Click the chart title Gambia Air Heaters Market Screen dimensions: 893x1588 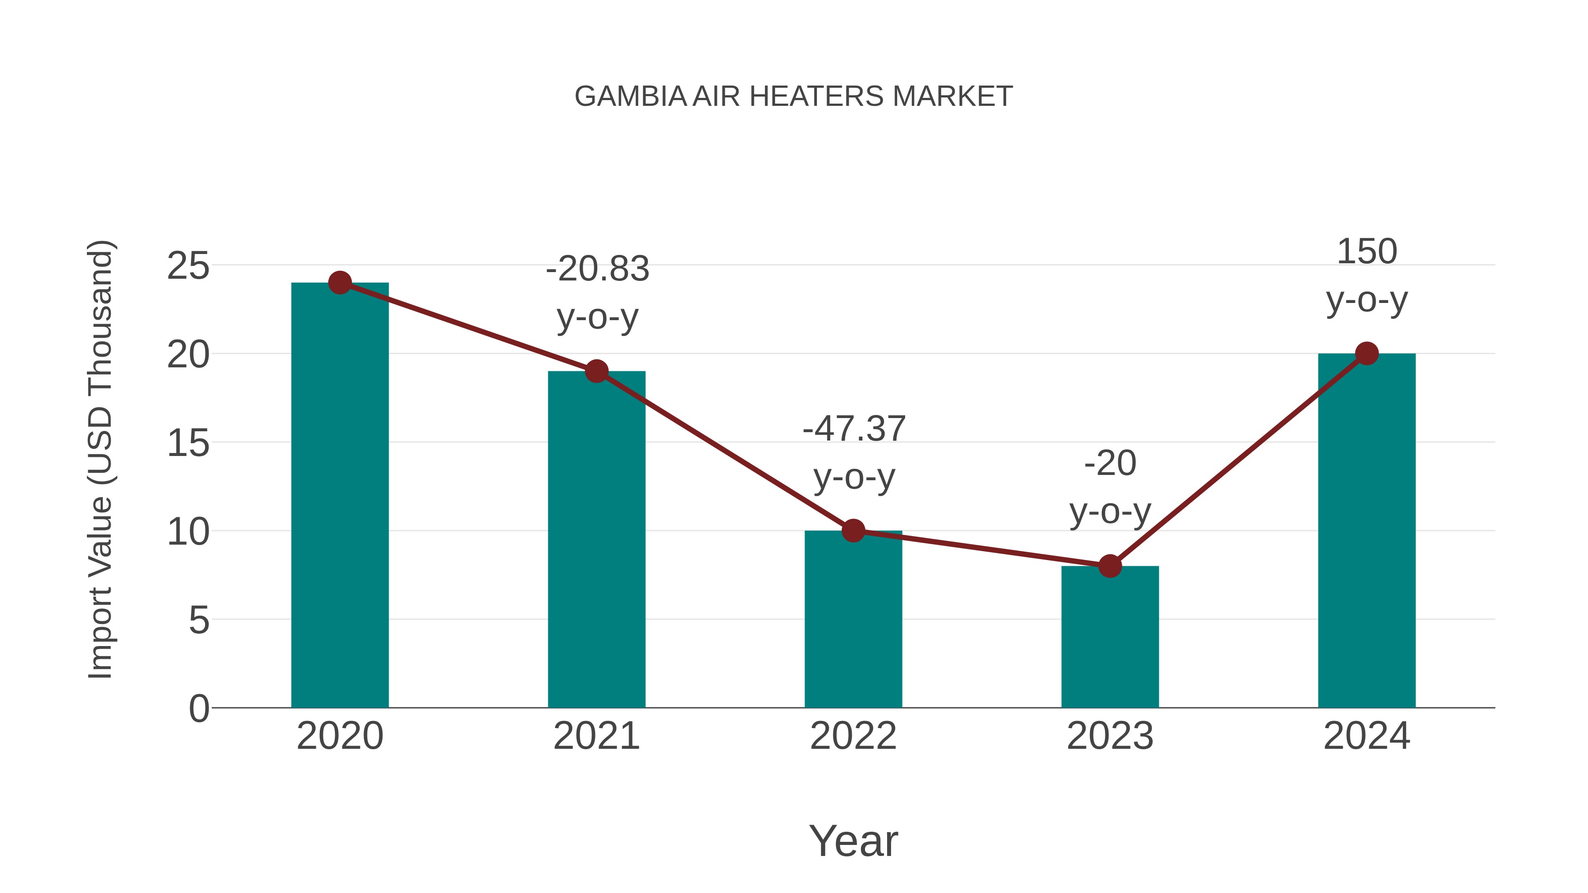tap(794, 97)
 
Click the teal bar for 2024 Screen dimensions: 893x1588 tap(1367, 530)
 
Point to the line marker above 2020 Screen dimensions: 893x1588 tap(340, 283)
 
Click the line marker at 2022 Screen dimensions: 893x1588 tap(853, 530)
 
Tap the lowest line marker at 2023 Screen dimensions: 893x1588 tap(1110, 566)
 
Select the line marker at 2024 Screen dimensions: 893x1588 tap(1367, 354)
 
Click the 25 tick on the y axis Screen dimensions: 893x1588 tap(188, 266)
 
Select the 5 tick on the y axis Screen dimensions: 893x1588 tap(198, 620)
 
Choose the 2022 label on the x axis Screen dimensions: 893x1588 tap(853, 736)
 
